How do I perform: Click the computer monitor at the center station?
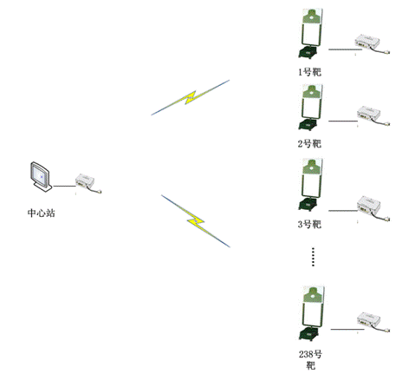40,177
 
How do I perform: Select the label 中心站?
41,212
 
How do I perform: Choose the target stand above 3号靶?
310,187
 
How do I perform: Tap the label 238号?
308,355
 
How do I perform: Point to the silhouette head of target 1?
309,16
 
